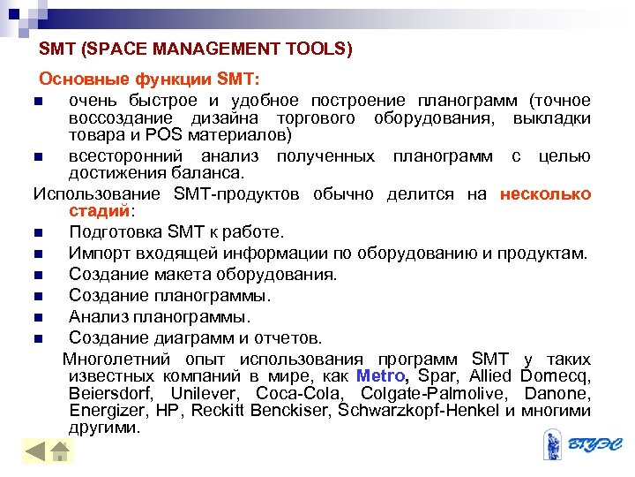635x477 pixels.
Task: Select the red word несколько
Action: point(545,194)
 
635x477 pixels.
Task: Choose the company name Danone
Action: point(557,393)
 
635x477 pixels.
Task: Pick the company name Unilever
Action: point(210,393)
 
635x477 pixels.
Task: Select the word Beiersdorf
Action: point(110,393)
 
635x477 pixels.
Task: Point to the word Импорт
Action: point(99,254)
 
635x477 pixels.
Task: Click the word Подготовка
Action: point(114,233)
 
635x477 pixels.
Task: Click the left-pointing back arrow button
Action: point(35,452)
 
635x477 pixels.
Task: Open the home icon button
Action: point(60,452)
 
